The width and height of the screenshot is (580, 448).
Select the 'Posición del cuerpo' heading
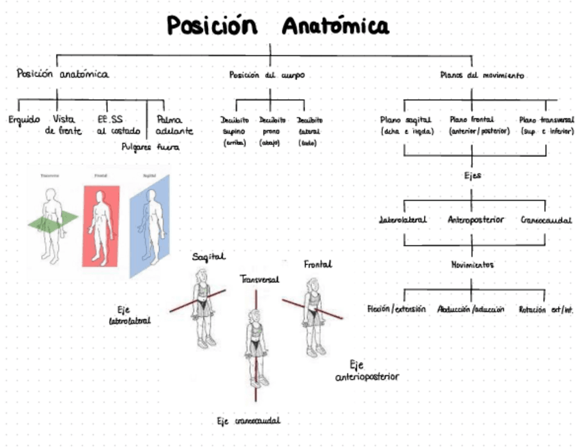267,75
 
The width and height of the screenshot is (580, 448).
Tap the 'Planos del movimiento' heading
482,75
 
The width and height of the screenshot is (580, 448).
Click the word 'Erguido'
25,119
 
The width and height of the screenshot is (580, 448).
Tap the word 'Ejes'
472,176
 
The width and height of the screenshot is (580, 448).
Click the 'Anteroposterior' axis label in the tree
475,220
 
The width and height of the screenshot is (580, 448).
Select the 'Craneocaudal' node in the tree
546,220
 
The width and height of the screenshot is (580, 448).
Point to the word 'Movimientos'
472,264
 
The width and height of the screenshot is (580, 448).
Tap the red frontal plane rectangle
100,225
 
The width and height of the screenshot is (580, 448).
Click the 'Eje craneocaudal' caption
248,421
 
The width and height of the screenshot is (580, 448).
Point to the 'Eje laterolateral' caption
130,313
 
